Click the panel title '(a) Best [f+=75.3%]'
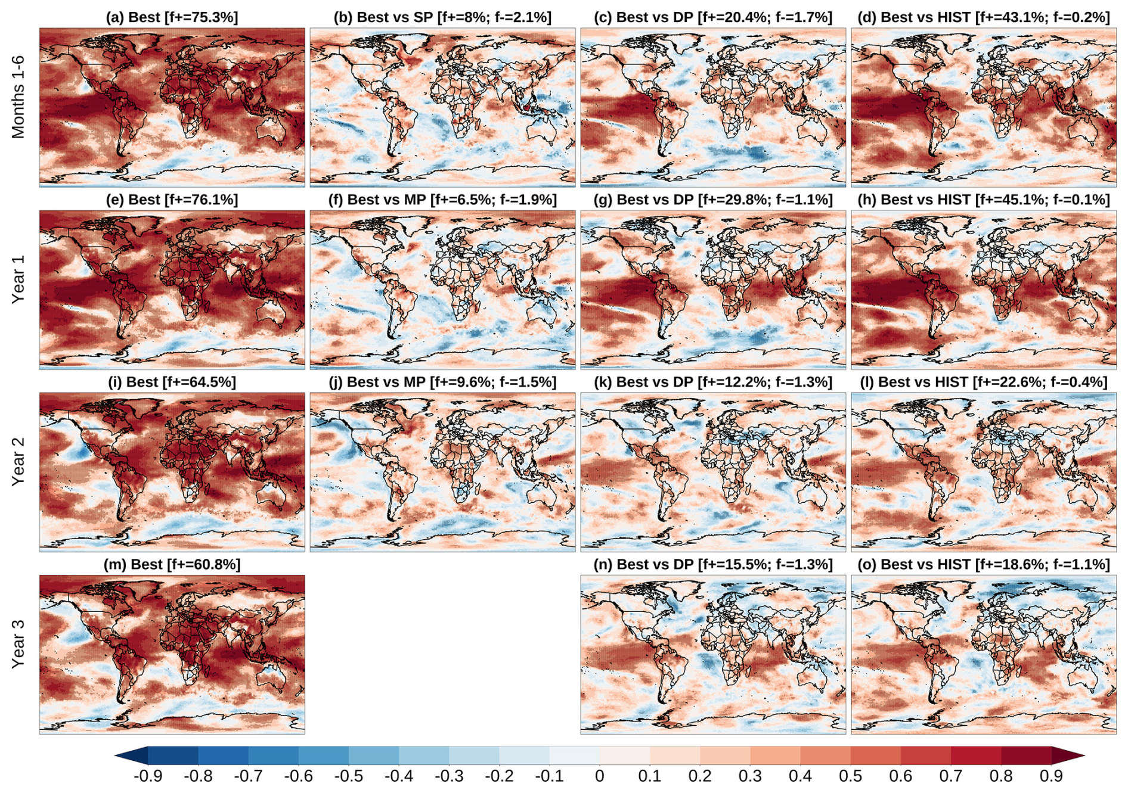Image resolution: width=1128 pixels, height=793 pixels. click(172, 17)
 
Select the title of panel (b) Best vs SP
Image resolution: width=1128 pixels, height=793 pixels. click(442, 17)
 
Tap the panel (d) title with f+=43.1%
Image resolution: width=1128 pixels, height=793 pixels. click(983, 17)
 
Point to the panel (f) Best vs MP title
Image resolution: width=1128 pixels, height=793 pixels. click(442, 200)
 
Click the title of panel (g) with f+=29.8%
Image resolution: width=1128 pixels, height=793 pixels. click(712, 200)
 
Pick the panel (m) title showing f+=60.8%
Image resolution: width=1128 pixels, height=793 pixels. click(172, 564)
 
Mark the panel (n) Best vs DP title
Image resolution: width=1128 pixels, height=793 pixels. click(712, 564)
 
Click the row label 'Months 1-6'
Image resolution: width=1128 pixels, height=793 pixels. click(18, 97)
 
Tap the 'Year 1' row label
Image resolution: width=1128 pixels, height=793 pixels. click(18, 279)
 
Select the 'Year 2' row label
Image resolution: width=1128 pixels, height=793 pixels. click(18, 461)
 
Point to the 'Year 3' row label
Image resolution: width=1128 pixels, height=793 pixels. click(18, 643)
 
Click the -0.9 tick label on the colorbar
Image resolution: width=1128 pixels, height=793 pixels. click(147, 776)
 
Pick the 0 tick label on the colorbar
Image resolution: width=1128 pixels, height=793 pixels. click(599, 776)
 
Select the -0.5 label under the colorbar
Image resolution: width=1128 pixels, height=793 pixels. click(348, 776)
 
